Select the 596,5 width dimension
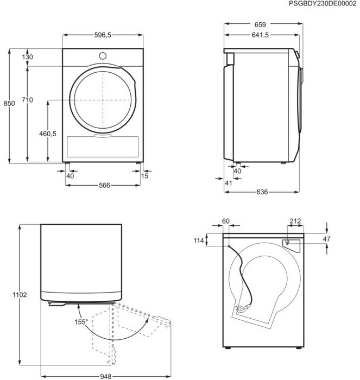[103, 35]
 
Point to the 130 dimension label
[28, 57]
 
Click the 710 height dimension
[28, 100]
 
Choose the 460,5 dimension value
[47, 134]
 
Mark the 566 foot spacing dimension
[104, 185]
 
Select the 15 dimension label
[144, 175]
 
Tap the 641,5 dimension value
[259, 35]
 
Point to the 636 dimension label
[262, 192]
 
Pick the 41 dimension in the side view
[228, 183]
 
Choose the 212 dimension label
[295, 221]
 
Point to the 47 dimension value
[341, 239]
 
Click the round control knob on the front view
[103, 55]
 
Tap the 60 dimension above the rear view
[226, 221]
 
